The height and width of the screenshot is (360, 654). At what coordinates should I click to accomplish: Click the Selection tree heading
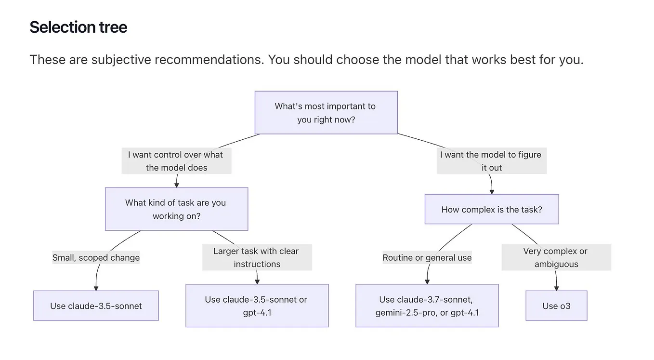[x=78, y=27]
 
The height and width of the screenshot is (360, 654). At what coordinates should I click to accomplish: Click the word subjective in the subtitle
[x=124, y=60]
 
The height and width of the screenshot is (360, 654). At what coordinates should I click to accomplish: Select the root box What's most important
[x=326, y=112]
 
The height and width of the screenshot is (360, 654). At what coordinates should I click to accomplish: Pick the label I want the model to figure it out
[x=491, y=161]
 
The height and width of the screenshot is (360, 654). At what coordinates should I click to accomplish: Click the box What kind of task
[x=176, y=209]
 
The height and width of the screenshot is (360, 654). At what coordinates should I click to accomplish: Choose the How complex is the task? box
[x=491, y=210]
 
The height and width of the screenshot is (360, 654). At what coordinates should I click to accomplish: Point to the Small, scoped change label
[x=96, y=257]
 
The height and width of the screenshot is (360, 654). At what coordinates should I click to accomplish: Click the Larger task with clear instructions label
[x=257, y=257]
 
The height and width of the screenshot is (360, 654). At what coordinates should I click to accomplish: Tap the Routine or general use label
[x=427, y=257]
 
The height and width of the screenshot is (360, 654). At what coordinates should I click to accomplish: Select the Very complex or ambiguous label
[x=556, y=257]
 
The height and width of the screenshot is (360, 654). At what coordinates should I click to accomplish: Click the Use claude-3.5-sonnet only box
[x=96, y=306]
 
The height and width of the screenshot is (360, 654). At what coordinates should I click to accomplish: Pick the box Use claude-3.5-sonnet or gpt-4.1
[x=257, y=306]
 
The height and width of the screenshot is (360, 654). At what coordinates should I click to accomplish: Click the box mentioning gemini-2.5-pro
[x=427, y=306]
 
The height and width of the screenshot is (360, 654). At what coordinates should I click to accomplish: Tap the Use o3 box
[x=556, y=306]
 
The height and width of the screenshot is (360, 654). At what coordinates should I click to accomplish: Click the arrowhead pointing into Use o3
[x=557, y=288]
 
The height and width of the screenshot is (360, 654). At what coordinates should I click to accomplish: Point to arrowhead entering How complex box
[x=492, y=191]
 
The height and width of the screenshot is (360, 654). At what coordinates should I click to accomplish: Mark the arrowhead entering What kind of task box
[x=177, y=185]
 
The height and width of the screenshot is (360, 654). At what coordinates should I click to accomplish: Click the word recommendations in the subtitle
[x=210, y=60]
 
